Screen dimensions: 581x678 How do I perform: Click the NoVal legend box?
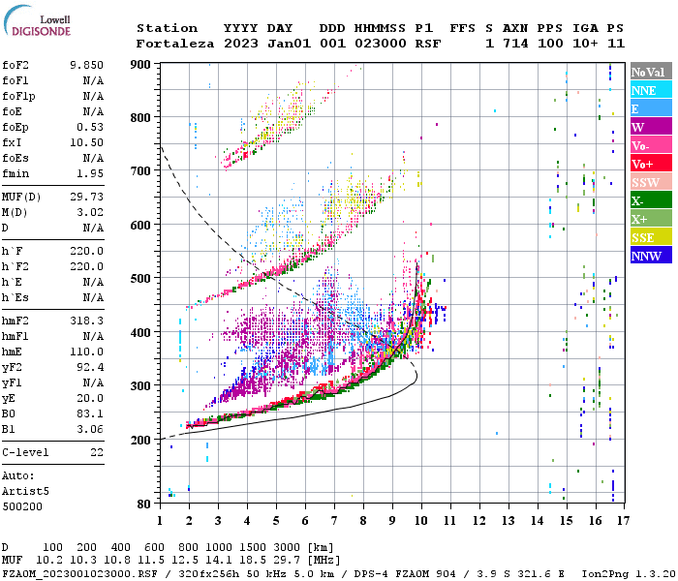[650, 72]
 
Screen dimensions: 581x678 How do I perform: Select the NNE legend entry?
[650, 90]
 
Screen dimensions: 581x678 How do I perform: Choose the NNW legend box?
[650, 256]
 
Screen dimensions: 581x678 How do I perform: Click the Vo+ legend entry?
[650, 164]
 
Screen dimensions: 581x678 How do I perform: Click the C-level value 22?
[97, 451]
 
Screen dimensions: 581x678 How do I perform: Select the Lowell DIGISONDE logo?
[40, 24]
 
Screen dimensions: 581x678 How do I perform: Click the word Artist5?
[25, 491]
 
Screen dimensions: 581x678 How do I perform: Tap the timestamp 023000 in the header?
[382, 44]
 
